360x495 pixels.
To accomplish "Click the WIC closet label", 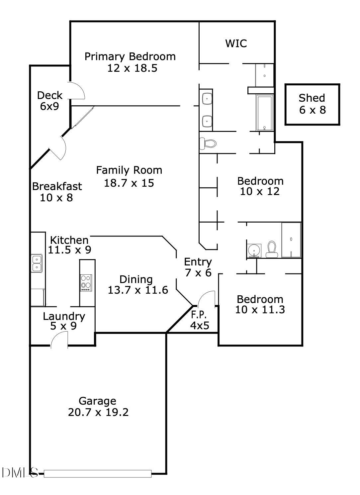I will coord(236,44).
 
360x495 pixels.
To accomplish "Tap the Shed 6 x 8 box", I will coord(312,104).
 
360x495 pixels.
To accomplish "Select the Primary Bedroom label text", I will coord(130,56).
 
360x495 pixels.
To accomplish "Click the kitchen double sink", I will coord(37,263).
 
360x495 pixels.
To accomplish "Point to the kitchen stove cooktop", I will coord(86,283).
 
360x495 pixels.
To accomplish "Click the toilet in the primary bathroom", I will coord(208,144).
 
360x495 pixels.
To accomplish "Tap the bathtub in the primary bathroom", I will coord(264,113).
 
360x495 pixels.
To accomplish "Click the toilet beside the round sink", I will coord(272,249).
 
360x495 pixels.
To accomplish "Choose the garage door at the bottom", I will coord(97,473).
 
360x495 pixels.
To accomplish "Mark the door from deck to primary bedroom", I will coord(77,91).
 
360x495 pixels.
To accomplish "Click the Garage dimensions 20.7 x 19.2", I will coord(98,412).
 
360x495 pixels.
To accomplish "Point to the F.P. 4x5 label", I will coord(199,320).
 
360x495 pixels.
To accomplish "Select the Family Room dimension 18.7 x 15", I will coord(129,183).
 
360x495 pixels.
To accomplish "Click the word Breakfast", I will coord(57,186).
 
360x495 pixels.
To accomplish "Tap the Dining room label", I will coord(136,279).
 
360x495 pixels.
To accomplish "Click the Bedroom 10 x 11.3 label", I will coord(260,304).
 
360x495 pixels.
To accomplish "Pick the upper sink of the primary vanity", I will coord(207,99).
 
